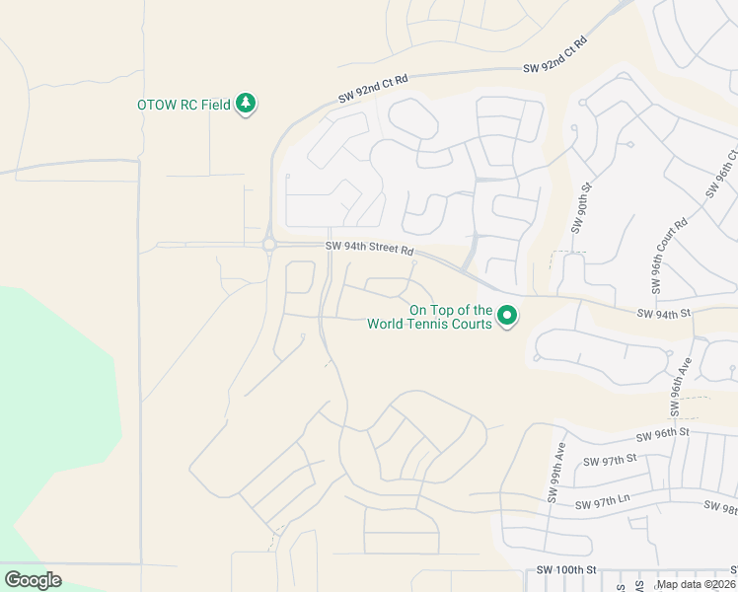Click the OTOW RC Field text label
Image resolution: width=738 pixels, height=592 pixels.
(x=184, y=105)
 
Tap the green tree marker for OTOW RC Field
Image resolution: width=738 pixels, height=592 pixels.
(x=246, y=104)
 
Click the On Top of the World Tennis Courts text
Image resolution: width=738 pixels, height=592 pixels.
(x=429, y=317)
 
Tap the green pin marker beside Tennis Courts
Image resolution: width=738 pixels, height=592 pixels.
(x=508, y=316)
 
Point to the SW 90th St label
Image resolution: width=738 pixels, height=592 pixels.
(x=579, y=207)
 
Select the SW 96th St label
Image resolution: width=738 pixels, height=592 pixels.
(x=662, y=434)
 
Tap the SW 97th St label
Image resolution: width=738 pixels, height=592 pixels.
(x=612, y=461)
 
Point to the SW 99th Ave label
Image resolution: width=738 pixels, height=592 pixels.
(x=555, y=474)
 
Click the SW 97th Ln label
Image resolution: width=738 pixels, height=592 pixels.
(x=603, y=504)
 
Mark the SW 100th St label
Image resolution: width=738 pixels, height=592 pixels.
(x=567, y=570)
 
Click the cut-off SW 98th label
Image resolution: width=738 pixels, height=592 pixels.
(x=721, y=506)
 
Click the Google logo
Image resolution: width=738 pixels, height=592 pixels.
(x=33, y=580)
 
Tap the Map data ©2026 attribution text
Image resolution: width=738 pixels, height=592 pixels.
(x=696, y=584)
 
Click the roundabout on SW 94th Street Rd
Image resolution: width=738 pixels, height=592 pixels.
(x=268, y=245)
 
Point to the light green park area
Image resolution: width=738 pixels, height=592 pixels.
(x=49, y=414)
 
